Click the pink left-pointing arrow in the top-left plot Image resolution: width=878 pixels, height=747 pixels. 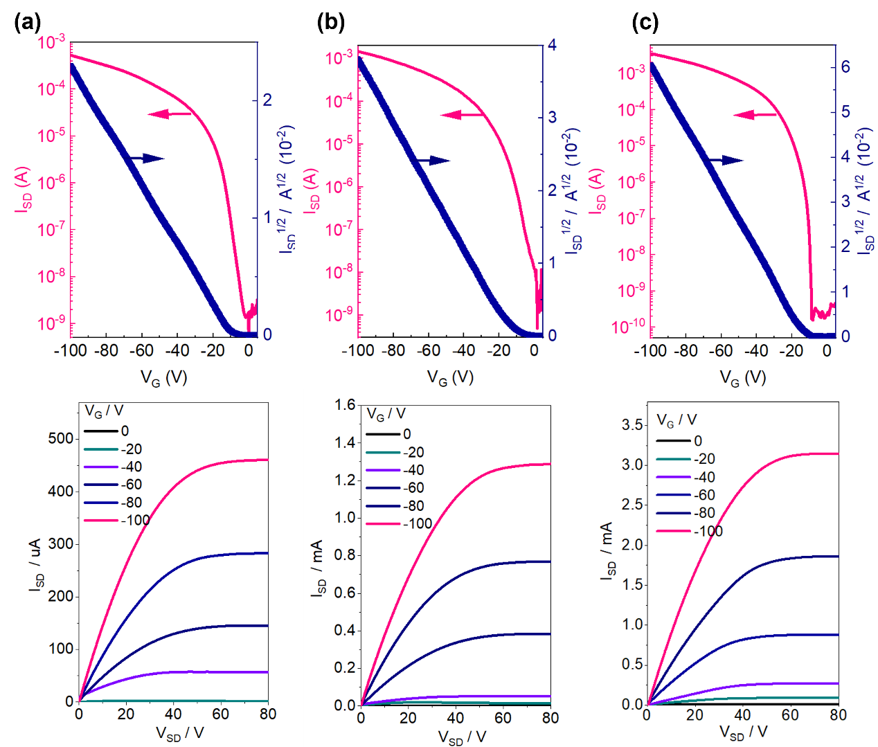[169, 114]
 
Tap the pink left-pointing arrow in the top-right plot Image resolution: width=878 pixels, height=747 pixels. [755, 114]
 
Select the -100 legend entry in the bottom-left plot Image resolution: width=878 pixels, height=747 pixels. [134, 520]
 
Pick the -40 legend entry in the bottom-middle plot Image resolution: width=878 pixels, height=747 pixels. [413, 470]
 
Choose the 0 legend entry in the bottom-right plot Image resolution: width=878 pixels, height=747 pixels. [697, 441]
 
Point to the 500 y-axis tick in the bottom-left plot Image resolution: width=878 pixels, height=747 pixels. [61, 438]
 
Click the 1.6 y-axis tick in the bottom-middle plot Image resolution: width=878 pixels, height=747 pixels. [344, 405]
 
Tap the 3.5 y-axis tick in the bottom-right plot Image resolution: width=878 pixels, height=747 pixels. [631, 424]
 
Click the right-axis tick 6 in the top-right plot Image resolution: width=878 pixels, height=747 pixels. [845, 67]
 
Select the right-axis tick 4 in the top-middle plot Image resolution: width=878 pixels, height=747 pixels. [552, 46]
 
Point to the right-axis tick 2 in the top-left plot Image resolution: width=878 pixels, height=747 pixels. [267, 100]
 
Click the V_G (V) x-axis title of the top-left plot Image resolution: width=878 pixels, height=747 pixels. [164, 377]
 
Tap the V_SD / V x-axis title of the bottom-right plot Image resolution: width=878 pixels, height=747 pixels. [743, 732]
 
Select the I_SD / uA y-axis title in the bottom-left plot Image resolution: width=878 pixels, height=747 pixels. [35, 564]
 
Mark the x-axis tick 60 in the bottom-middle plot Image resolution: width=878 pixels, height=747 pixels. [503, 718]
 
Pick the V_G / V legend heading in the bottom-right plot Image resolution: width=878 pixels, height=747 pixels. [677, 420]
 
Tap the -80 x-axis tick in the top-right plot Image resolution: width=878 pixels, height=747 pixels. [686, 350]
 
